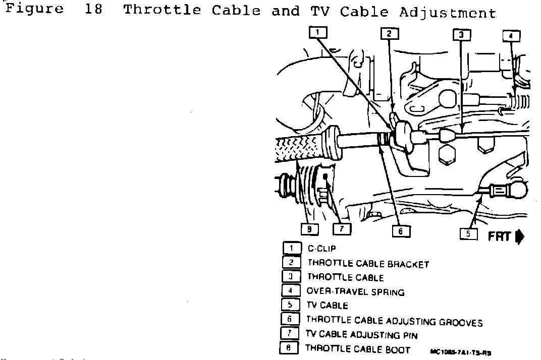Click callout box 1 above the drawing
click(318, 33)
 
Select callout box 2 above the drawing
click(389, 34)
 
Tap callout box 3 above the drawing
click(461, 34)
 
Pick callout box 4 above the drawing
click(511, 36)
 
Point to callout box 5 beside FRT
click(469, 233)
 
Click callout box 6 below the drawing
click(401, 230)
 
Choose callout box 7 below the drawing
click(342, 229)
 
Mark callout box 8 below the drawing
click(309, 229)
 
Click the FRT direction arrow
click(520, 236)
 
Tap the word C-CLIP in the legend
click(321, 249)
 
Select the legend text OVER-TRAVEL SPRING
click(355, 291)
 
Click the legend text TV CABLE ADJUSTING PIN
click(362, 335)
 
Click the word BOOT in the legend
click(398, 349)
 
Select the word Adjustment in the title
click(447, 12)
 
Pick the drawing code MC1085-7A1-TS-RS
click(461, 352)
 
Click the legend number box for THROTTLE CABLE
click(291, 276)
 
